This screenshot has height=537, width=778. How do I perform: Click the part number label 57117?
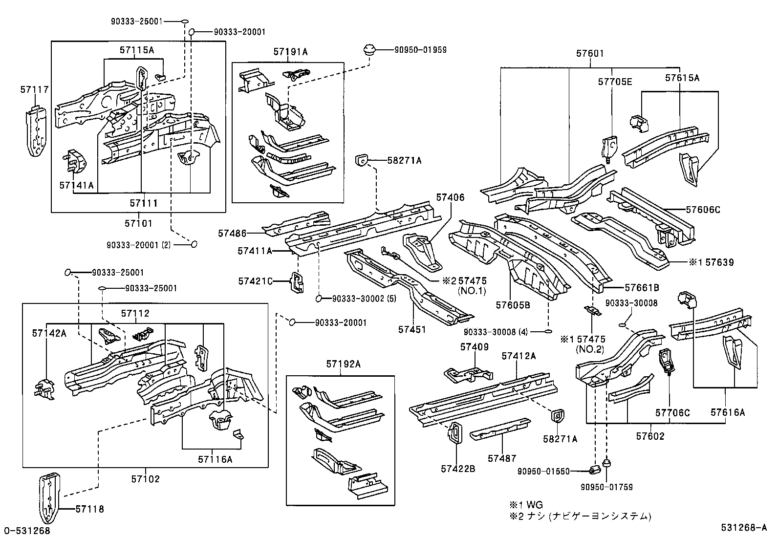tap(35, 89)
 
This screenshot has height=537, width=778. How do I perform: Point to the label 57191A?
tap(290, 52)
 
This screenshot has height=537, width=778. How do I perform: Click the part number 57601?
tap(590, 54)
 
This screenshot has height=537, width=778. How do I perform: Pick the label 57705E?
tap(615, 82)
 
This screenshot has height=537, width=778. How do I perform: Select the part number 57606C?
tap(703, 210)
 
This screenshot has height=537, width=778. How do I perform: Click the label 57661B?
tap(642, 288)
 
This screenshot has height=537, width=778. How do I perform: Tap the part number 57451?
tap(412, 330)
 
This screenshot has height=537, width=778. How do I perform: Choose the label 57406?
tap(450, 198)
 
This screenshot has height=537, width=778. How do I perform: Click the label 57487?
tap(502, 458)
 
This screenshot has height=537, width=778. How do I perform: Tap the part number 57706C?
tap(672, 413)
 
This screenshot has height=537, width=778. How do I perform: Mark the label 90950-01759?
tap(606, 487)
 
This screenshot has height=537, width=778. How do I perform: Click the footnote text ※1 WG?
tap(526, 505)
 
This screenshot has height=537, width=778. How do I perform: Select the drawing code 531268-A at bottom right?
tap(745, 528)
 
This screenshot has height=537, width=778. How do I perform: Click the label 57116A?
tap(215, 459)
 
